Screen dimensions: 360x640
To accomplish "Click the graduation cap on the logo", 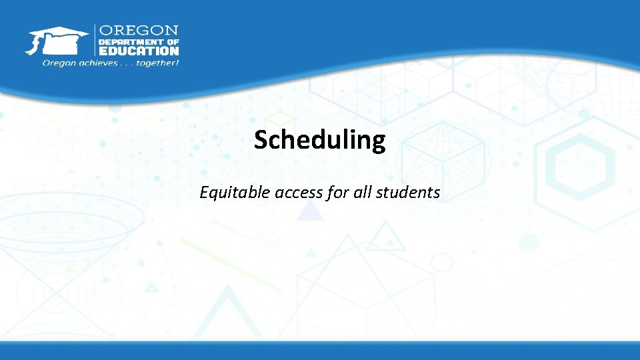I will (60, 33).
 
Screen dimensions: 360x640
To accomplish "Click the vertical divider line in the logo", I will (94, 41).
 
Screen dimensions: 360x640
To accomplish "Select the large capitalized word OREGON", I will (139, 31).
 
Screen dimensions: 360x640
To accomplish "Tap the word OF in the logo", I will (172, 41).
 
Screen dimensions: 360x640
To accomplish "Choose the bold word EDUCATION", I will (139, 51).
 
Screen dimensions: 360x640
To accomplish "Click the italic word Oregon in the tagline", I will (58, 63).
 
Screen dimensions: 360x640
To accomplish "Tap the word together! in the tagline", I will (157, 63).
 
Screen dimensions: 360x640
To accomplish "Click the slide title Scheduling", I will (319, 141).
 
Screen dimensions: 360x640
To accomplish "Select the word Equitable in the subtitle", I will (231, 193).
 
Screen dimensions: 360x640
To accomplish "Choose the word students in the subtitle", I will (407, 193).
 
